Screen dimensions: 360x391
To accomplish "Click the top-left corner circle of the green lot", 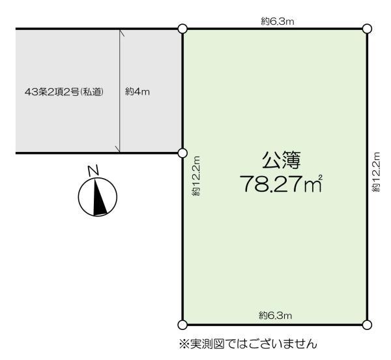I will coord(182,29).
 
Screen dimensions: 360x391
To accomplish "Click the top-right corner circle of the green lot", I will coord(367,29).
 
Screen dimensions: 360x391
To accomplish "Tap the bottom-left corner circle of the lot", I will coord(182,324).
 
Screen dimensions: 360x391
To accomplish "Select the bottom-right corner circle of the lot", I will coord(367,324).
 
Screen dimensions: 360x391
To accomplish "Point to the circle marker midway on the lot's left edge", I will coord(182,153).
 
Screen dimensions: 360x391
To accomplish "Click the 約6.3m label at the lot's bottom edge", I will coord(275,316).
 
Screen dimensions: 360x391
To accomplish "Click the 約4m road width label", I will coord(138,91).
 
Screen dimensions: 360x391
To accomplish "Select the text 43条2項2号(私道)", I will coord(63,91).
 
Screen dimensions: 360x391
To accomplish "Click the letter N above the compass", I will coord(94,171).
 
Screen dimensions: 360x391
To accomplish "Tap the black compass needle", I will coord(98,198).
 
